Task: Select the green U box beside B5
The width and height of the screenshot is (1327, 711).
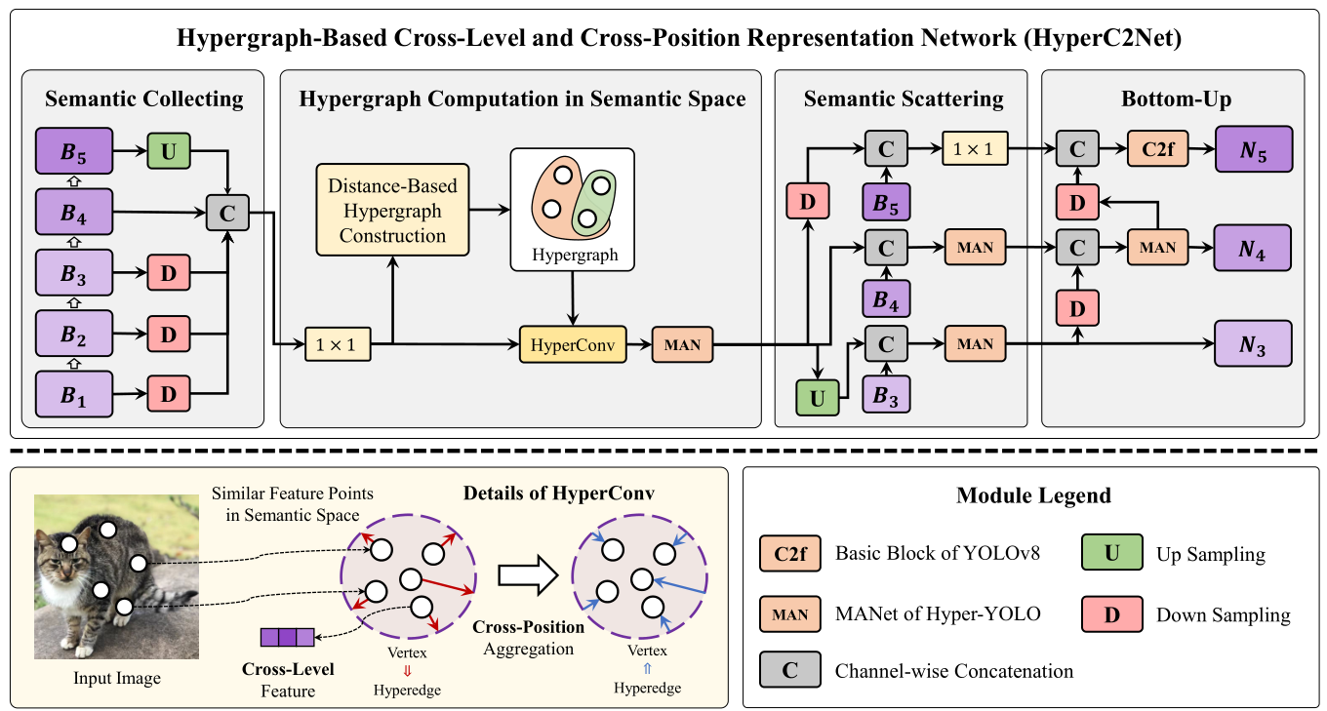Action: coord(167,151)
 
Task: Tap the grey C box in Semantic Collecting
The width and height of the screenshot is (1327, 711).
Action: coord(227,211)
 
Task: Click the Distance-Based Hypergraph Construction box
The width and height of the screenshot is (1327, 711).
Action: coord(393,210)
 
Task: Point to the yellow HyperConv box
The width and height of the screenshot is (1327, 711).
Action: coord(569,344)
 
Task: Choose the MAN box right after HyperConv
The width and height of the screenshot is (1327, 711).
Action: coord(683,344)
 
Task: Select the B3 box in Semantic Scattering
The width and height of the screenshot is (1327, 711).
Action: coord(885,395)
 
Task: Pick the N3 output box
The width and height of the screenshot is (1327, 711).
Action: coord(1253,343)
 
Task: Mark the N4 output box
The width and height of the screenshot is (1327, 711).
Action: coord(1253,248)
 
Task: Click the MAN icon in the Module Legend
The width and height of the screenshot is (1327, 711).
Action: coord(789,614)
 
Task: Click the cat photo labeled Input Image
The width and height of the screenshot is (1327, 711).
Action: coord(116,576)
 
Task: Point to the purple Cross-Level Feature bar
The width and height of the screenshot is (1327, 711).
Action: coord(288,638)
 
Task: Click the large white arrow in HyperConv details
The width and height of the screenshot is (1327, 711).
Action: coord(526,575)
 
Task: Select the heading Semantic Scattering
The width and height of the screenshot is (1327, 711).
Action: coord(903,99)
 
